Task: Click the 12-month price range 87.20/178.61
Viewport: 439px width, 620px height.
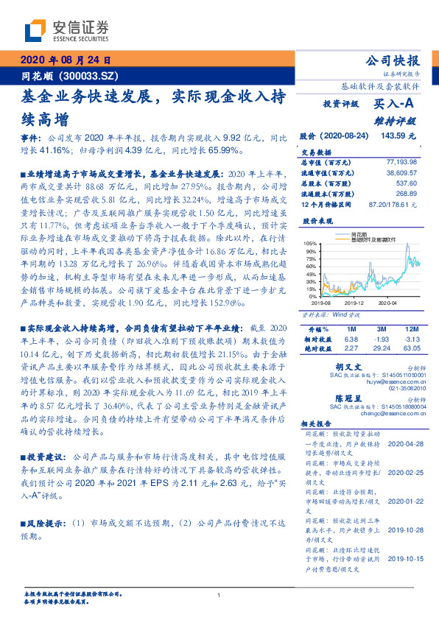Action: pyautogui.click(x=396, y=202)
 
